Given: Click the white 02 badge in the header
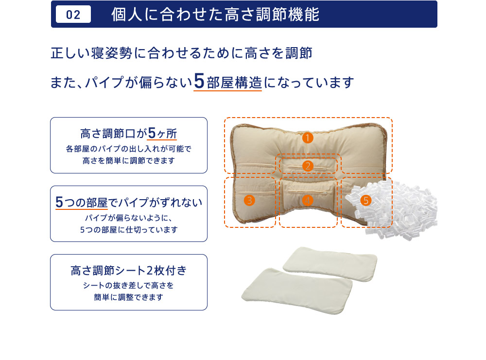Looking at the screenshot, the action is (73, 14).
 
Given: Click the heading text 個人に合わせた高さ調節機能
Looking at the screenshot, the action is (215, 14).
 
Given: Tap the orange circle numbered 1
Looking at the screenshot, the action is (308, 137).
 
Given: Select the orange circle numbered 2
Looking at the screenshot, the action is (308, 166).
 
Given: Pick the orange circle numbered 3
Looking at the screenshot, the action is (249, 201).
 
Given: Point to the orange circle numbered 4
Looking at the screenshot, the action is (308, 201).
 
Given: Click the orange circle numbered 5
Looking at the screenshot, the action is (366, 201).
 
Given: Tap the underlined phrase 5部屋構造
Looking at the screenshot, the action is (228, 82).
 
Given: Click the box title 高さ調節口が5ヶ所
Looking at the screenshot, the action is (129, 133).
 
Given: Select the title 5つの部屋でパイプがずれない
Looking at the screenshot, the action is (129, 202).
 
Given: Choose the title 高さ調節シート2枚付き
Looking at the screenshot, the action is (129, 271).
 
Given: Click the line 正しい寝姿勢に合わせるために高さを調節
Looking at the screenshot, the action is (181, 53).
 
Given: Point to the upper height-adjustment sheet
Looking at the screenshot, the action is (330, 264).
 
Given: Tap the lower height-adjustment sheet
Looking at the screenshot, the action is (297, 291).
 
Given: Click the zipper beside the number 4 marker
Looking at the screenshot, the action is (308, 193).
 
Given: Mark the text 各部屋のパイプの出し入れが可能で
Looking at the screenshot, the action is (129, 149).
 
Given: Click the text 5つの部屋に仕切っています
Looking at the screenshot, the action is (129, 230).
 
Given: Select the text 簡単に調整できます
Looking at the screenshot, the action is (129, 297).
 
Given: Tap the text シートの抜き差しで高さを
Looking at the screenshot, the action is (129, 285).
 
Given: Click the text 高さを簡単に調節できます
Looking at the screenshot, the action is (129, 160).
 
